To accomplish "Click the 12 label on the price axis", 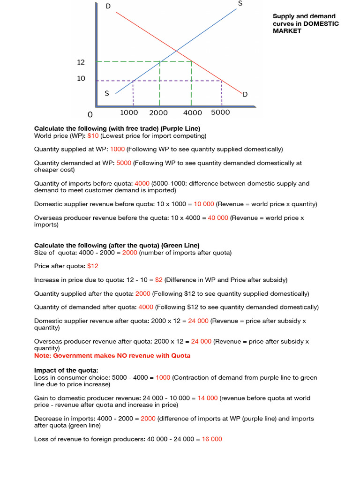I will [x=81, y=62].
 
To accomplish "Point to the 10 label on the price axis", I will [x=81, y=78].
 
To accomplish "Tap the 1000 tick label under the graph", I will [x=129, y=112].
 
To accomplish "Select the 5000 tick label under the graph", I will [x=220, y=112].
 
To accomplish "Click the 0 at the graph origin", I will [x=90, y=114].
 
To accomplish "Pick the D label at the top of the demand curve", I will [x=108, y=6].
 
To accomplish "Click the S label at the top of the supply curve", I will [x=240, y=4].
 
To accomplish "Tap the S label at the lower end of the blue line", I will [x=107, y=93].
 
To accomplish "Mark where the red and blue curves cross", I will [x=176, y=51].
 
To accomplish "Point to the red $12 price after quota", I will [x=93, y=266].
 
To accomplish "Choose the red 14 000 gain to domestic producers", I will [x=207, y=398].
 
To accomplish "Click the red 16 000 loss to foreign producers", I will [x=212, y=439].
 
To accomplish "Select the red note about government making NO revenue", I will [x=112, y=356].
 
